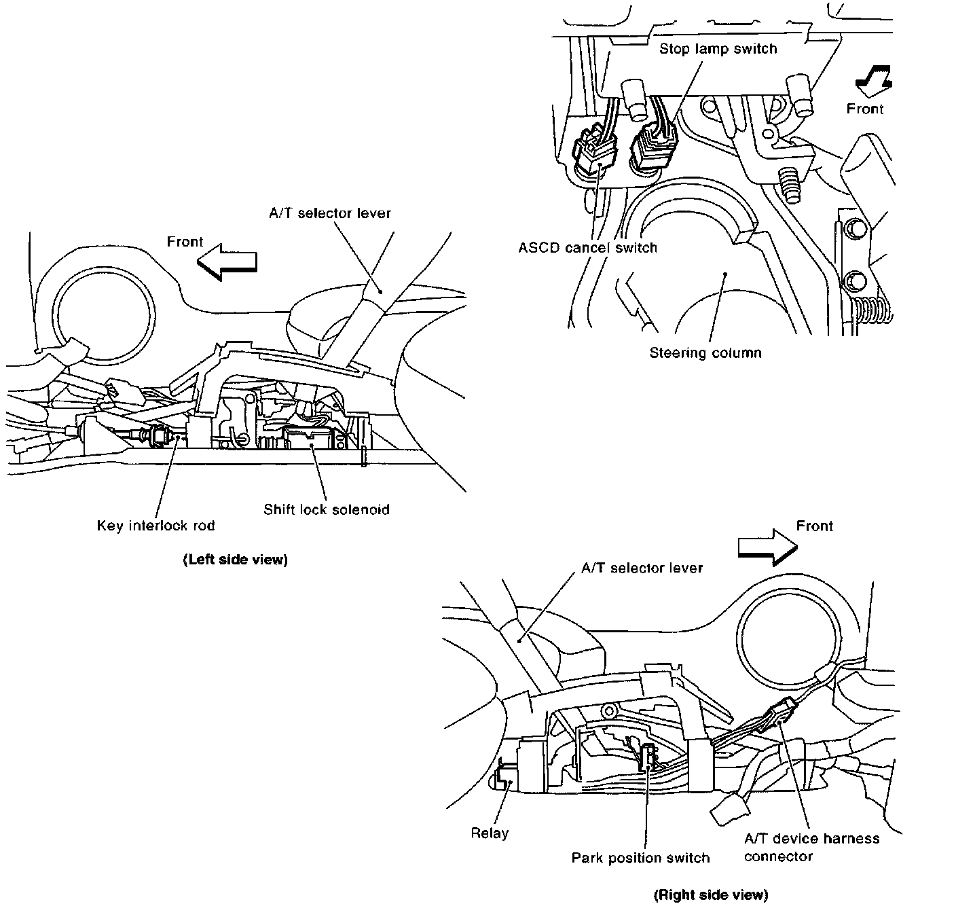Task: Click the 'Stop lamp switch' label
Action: (x=718, y=49)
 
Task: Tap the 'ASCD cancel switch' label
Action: (x=588, y=248)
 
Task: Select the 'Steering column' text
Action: (x=705, y=353)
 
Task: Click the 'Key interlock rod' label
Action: (x=155, y=526)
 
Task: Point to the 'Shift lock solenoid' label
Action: (x=327, y=509)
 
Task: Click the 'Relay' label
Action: (x=490, y=833)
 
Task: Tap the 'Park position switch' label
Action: (x=640, y=858)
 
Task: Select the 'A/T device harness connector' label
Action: (x=811, y=848)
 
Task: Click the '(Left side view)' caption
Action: (x=235, y=560)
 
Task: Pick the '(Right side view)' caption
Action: (x=710, y=895)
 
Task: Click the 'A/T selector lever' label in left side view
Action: (x=330, y=213)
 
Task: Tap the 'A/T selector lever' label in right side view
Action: (x=642, y=568)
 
